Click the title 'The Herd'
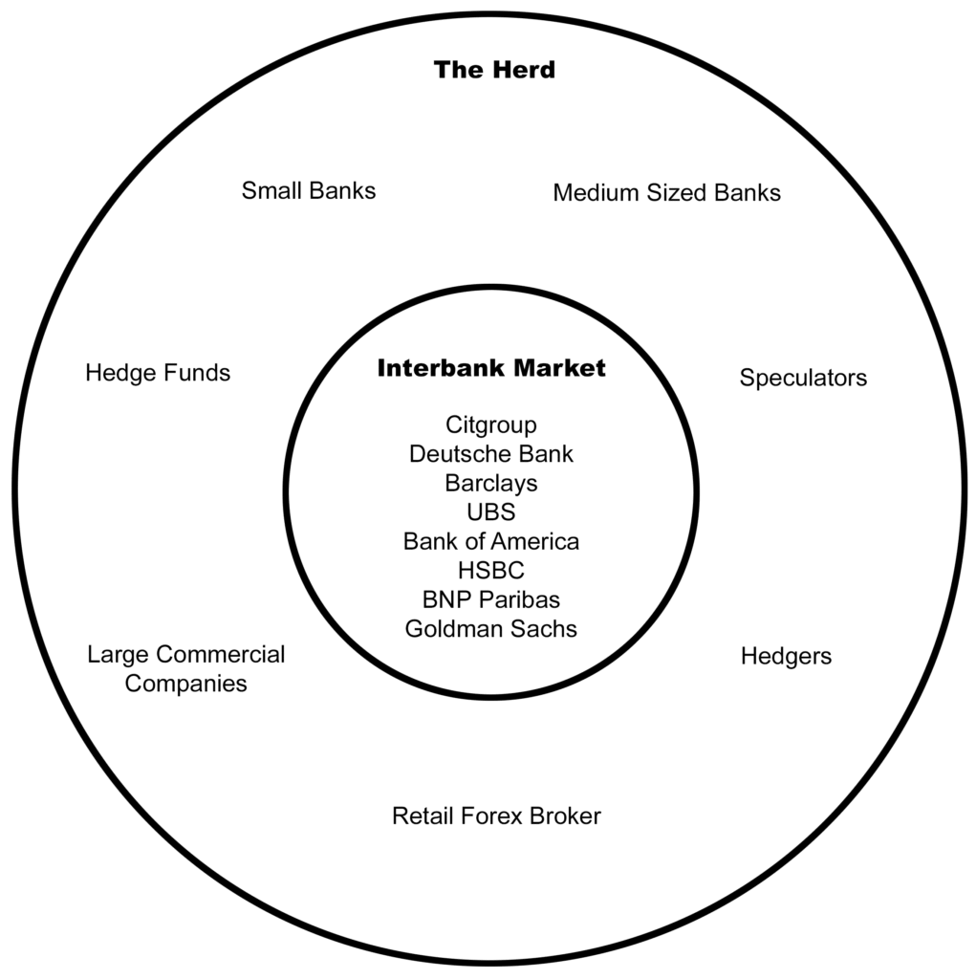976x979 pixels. [494, 70]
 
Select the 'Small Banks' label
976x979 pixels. [309, 190]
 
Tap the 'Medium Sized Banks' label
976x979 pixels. [666, 193]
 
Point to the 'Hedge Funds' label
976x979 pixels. [158, 373]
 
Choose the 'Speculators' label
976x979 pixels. [803, 378]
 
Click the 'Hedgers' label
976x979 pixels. [786, 657]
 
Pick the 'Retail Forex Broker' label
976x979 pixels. [496, 816]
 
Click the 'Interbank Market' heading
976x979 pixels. [491, 368]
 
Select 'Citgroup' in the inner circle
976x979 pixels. [491, 424]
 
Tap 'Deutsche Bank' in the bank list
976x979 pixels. [491, 454]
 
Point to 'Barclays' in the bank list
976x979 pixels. [491, 483]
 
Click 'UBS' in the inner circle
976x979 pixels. [491, 512]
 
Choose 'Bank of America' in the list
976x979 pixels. [491, 541]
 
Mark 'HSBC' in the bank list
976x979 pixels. [491, 571]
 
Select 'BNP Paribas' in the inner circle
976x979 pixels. [491, 599]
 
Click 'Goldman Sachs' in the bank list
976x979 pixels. [491, 629]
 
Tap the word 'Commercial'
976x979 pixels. [220, 655]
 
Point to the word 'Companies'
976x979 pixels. [186, 684]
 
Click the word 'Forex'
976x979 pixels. [490, 816]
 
